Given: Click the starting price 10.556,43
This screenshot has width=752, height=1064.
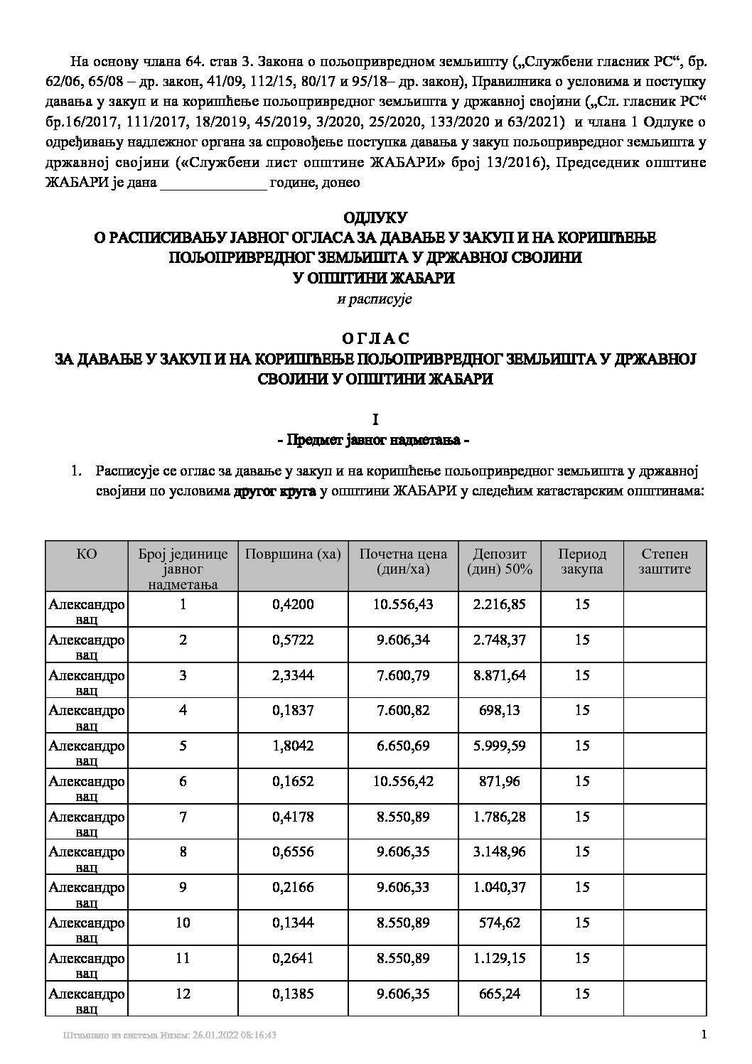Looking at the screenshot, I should click(403, 604).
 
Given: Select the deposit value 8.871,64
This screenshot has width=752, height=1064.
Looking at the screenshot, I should click(500, 675).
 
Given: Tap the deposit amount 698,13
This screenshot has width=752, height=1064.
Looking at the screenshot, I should click(500, 710).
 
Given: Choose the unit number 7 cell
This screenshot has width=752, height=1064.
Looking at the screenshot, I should click(183, 817).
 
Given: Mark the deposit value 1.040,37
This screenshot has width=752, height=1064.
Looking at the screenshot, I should click(500, 887).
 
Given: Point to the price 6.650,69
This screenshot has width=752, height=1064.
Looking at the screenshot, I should click(403, 746).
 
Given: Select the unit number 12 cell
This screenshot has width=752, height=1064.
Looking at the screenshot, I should click(183, 994).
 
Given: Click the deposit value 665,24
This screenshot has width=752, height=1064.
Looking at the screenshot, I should click(500, 994).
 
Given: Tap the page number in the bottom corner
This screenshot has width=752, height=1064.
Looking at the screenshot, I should click(704, 1035).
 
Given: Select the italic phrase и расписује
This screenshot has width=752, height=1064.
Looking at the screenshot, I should click(375, 299).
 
